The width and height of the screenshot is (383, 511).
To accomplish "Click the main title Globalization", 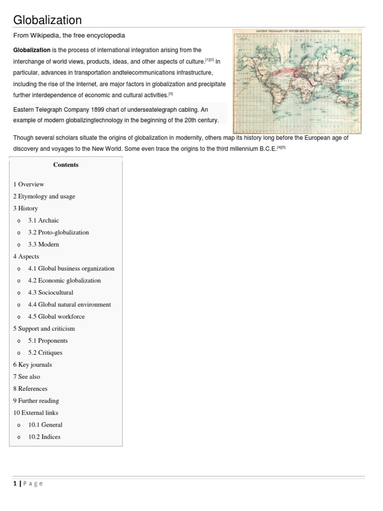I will click(x=47, y=19).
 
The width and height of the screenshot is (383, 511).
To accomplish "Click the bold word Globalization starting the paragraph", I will click(x=32, y=50).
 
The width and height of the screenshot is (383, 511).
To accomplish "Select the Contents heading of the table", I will click(x=66, y=165).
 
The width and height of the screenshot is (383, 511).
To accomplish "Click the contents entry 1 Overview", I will click(x=28, y=184).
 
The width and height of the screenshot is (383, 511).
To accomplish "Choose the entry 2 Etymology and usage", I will click(x=44, y=196).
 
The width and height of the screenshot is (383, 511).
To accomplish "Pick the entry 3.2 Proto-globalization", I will click(x=58, y=232).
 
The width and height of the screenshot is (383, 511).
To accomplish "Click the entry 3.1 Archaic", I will click(x=43, y=220).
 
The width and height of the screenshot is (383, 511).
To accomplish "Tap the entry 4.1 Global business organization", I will click(x=71, y=268).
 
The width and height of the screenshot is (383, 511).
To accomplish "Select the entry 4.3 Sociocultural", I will click(x=50, y=292).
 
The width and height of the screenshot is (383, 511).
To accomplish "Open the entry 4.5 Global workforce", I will click(x=56, y=316).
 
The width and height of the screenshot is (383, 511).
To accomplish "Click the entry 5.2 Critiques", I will click(x=45, y=352).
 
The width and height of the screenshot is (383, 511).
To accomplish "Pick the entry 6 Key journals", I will click(x=32, y=364).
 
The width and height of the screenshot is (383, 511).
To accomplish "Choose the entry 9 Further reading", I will click(x=36, y=401).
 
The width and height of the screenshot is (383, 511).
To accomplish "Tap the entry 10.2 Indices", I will click(x=44, y=437).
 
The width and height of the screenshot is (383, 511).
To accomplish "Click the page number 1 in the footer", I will click(x=15, y=483).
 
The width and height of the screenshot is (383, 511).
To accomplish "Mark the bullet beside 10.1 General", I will click(x=18, y=425).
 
